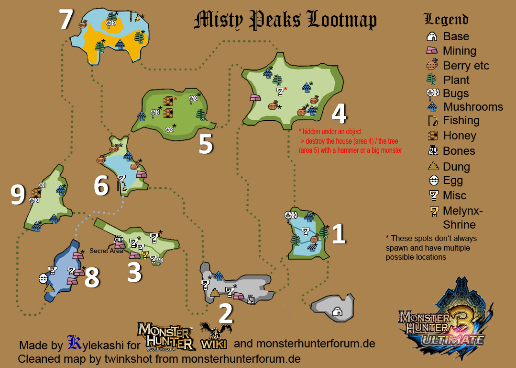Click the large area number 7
click(66, 20)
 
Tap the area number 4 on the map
click(339, 114)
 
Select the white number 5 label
click(205, 144)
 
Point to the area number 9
click(18, 195)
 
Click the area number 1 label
click(338, 234)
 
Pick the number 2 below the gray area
click(225, 314)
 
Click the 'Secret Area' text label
click(106, 251)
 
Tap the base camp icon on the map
click(337, 311)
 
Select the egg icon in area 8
click(43, 277)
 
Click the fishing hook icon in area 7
click(136, 17)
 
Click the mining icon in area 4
click(255, 98)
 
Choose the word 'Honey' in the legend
click(459, 136)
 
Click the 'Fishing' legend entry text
click(461, 120)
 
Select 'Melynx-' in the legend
click(463, 211)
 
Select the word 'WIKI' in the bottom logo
click(214, 344)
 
